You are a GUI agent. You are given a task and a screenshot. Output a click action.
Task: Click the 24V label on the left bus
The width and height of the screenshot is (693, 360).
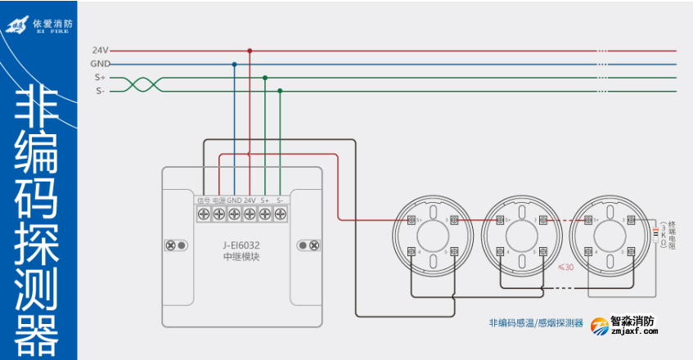[x=101, y=50]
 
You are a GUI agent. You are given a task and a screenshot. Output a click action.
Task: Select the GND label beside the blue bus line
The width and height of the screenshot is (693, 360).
[x=100, y=64]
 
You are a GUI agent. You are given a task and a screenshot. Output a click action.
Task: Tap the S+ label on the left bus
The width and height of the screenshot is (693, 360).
[x=100, y=78]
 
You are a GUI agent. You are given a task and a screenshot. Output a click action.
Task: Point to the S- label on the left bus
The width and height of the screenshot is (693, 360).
[x=100, y=91]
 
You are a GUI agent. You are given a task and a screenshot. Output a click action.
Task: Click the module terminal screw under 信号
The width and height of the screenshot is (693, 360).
[x=204, y=214]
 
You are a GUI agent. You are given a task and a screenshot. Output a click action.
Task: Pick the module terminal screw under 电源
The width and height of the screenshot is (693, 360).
[x=218, y=214]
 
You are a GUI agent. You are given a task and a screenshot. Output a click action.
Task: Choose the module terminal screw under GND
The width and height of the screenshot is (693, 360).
[x=234, y=214]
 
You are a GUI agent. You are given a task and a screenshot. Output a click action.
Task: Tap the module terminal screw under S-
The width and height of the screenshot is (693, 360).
[x=280, y=214]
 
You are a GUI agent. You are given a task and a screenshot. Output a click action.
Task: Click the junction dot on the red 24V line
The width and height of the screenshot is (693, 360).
[x=250, y=50]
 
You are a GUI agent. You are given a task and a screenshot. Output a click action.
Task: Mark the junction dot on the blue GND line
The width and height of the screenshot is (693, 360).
[x=234, y=64]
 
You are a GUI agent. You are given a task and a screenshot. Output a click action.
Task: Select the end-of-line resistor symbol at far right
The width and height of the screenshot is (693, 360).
[x=654, y=234]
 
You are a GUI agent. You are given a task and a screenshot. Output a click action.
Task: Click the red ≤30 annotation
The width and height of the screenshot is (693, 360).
[x=565, y=267]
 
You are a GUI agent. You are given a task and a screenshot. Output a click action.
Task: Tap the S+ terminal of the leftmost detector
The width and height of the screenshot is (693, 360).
[x=411, y=219]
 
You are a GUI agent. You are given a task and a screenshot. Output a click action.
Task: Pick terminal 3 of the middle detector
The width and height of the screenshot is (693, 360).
[x=543, y=219]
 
